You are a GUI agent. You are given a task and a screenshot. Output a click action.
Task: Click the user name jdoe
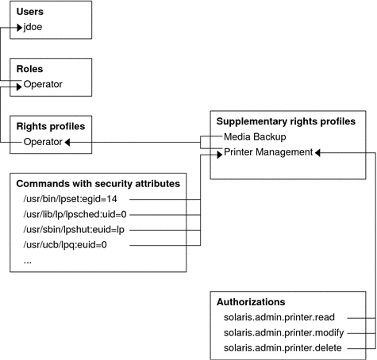point(33,27)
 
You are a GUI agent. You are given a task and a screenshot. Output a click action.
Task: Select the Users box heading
point(30,12)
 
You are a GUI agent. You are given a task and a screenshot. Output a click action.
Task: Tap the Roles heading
point(29,69)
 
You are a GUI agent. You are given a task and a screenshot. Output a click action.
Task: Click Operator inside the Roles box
point(43,85)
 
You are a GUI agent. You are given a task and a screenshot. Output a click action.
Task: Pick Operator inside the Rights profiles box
point(43,142)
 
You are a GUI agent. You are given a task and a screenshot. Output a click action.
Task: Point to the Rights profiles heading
point(51,127)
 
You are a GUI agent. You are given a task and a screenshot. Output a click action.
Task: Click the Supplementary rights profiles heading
point(286,121)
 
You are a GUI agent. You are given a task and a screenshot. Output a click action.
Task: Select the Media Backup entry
point(255,137)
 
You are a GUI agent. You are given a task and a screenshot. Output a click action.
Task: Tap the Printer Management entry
point(268,152)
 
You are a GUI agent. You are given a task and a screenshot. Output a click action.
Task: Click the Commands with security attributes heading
point(98,184)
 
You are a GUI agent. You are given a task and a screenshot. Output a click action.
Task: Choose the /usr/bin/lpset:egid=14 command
point(71,199)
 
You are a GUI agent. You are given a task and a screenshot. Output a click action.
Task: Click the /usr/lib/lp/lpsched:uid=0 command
point(75,214)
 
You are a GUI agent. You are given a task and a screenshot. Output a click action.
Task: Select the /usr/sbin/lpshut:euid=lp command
point(74,230)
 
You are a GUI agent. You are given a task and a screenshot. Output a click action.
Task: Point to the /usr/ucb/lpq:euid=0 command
point(65,245)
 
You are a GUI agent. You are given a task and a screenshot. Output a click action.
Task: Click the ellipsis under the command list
point(28,262)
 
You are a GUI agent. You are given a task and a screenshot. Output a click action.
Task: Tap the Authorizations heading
point(251,302)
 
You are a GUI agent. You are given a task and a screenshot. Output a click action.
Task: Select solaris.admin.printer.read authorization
point(279,317)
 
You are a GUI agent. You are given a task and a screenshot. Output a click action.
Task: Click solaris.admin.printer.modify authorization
point(284,333)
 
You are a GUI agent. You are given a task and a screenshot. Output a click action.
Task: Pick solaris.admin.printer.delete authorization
point(283,348)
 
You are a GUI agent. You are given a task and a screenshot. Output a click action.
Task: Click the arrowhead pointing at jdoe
point(19,27)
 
